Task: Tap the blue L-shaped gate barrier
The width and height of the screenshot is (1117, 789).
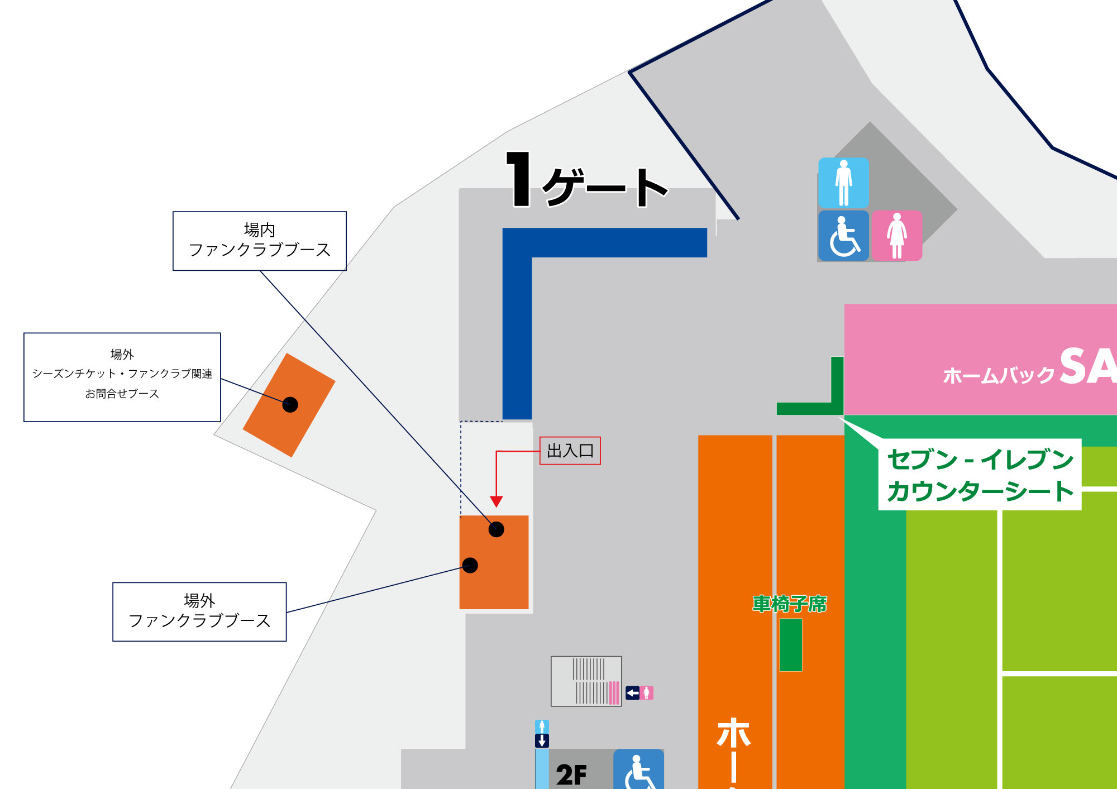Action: pyautogui.click(x=517, y=313)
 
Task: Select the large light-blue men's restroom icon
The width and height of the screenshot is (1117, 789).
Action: pyautogui.click(x=843, y=183)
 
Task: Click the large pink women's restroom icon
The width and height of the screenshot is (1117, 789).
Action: pyautogui.click(x=897, y=236)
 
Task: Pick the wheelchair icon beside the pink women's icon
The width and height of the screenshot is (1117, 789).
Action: pyautogui.click(x=843, y=236)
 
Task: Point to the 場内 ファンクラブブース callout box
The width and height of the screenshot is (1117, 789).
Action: pyautogui.click(x=260, y=241)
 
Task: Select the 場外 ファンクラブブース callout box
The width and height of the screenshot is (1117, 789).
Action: pyautogui.click(x=199, y=611)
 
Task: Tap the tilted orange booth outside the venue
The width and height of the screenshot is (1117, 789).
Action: pyautogui.click(x=289, y=405)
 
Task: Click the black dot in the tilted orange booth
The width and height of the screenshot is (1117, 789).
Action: pyautogui.click(x=290, y=404)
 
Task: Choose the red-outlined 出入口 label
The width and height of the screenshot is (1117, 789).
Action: pyautogui.click(x=570, y=451)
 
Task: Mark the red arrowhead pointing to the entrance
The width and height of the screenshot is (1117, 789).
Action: pyautogui.click(x=496, y=501)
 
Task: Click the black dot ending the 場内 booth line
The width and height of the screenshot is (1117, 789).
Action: pyautogui.click(x=496, y=529)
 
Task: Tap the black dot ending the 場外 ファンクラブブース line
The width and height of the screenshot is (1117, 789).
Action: pyautogui.click(x=470, y=565)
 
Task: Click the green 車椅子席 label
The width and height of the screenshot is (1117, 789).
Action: pyautogui.click(x=789, y=604)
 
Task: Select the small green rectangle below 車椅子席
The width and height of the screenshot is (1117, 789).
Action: pyautogui.click(x=790, y=644)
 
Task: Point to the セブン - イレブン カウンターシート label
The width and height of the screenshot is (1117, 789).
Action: pyautogui.click(x=980, y=475)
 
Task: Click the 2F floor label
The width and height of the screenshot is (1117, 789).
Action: pyautogui.click(x=571, y=774)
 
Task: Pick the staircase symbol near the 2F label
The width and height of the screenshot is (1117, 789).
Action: pyautogui.click(x=586, y=681)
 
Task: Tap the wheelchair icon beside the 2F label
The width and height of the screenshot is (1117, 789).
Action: pyautogui.click(x=638, y=771)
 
